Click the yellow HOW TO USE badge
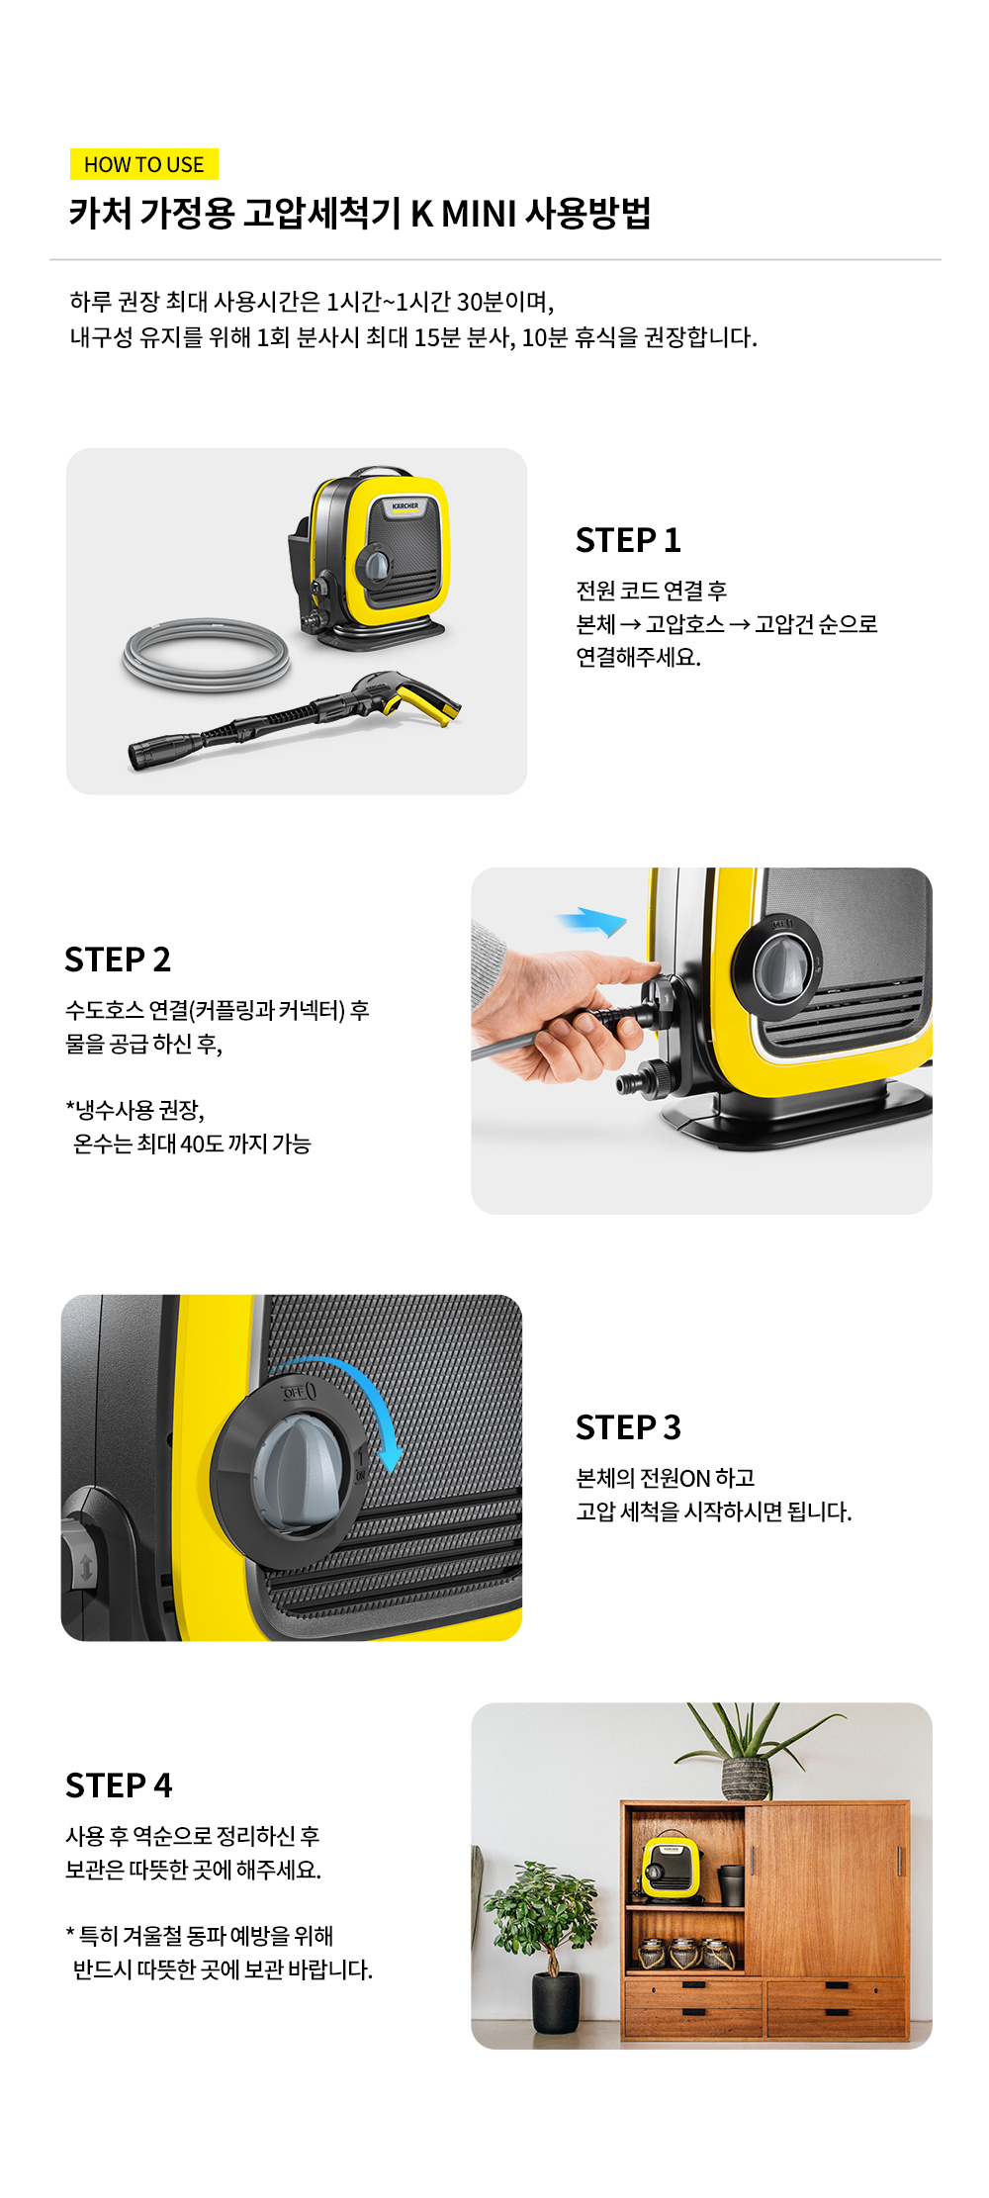[144, 164]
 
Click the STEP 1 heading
[628, 540]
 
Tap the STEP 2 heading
[118, 960]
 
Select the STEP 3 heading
[628, 1427]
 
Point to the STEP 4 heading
[119, 1786]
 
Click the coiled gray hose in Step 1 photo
[207, 653]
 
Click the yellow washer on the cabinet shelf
[671, 1868]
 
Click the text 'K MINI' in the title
[464, 214]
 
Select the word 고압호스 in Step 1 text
[685, 624]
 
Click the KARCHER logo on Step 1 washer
[405, 505]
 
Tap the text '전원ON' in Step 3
[675, 1478]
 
